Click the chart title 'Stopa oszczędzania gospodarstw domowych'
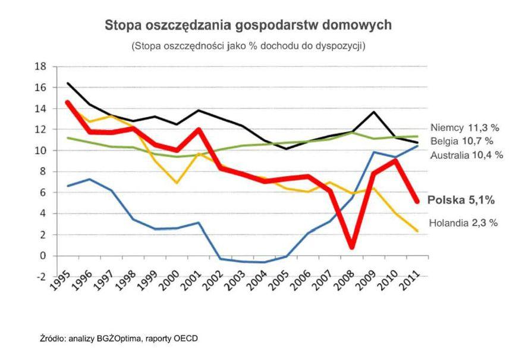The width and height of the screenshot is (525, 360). [248, 26]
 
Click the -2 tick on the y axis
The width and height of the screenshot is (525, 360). [42, 277]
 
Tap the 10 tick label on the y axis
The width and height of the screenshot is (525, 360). [42, 151]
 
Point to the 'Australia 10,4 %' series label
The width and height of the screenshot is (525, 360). [467, 155]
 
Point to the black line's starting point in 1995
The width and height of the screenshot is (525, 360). [68, 83]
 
